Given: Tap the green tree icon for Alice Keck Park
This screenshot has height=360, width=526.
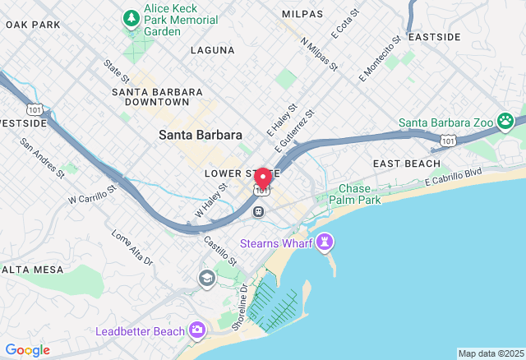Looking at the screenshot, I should point(131,17).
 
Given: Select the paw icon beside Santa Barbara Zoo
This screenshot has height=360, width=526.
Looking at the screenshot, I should point(505,122).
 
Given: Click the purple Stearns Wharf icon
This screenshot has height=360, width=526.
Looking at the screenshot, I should point(325,242).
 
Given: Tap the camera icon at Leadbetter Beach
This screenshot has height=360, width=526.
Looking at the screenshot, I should point(196,330).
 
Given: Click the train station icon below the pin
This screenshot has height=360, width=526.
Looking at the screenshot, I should point(258,211).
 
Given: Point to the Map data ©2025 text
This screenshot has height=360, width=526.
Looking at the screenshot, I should point(491,353).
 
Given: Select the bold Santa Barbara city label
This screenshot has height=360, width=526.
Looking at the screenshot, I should point(201,135).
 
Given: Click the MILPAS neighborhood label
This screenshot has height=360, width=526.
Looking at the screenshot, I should point(302,14).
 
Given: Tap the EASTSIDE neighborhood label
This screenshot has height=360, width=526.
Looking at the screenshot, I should point(434,37).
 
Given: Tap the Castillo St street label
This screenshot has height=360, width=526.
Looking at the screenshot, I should point(220,250).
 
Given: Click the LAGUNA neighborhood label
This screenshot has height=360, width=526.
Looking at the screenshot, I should point(212,50).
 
